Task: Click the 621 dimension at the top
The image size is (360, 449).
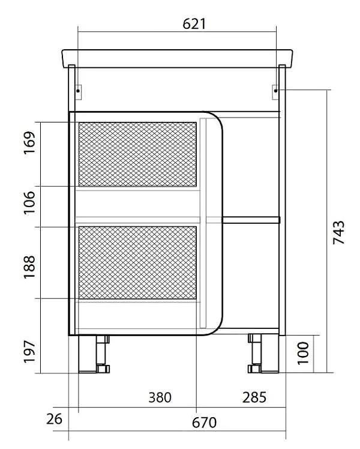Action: coord(194,24)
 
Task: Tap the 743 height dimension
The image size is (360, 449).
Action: coord(339,232)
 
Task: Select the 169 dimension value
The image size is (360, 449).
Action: coord(29,143)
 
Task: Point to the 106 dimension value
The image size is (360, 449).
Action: coord(29,202)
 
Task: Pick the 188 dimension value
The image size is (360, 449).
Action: coord(29,267)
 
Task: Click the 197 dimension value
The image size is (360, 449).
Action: coord(29,352)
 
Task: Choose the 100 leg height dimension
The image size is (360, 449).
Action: coord(304,353)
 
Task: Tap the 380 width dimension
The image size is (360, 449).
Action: coord(160,397)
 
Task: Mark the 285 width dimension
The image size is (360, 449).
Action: coord(254,397)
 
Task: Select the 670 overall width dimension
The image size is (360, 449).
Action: coord(204,423)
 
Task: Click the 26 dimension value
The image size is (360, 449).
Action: coord(54,419)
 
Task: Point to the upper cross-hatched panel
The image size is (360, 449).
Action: coord(137,154)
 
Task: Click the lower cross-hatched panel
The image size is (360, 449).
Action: coord(137,262)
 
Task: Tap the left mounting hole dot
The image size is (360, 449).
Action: coord(78,91)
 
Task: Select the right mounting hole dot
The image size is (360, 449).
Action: coord(275,91)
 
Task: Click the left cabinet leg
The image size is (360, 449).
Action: coord(94,354)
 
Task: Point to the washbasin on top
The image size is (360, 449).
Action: coord(178,59)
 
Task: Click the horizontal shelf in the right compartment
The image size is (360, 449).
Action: coord(251,220)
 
